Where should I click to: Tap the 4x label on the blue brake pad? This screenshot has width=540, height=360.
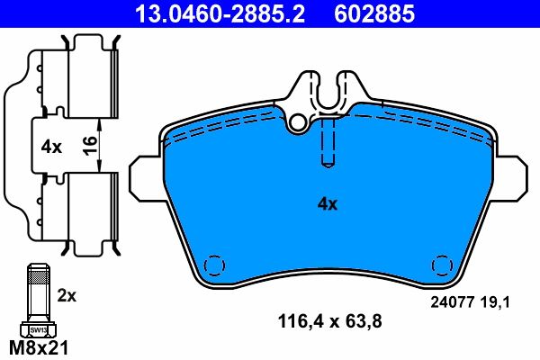(x=327, y=204)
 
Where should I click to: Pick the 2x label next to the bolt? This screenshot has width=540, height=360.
(x=67, y=295)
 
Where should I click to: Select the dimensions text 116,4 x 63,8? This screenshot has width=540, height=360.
(x=321, y=319)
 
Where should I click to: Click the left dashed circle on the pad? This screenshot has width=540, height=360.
(x=214, y=267)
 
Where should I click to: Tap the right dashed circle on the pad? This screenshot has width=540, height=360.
(x=443, y=267)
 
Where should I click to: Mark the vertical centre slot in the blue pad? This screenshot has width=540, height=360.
(x=328, y=144)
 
